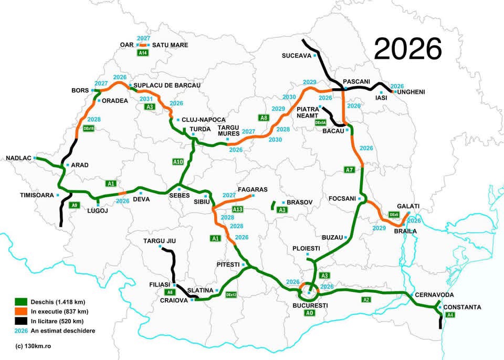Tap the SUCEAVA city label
(x=296, y=55)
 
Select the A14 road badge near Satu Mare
(x=142, y=53)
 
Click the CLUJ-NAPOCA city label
(x=203, y=120)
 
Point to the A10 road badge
(x=178, y=162)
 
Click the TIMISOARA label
(x=37, y=195)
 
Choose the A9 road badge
(x=75, y=205)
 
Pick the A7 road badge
(x=350, y=170)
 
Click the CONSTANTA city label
(x=462, y=307)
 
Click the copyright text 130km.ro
(x=34, y=346)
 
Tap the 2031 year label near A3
(x=146, y=98)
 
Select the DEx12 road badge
(x=231, y=295)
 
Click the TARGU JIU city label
(x=160, y=241)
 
